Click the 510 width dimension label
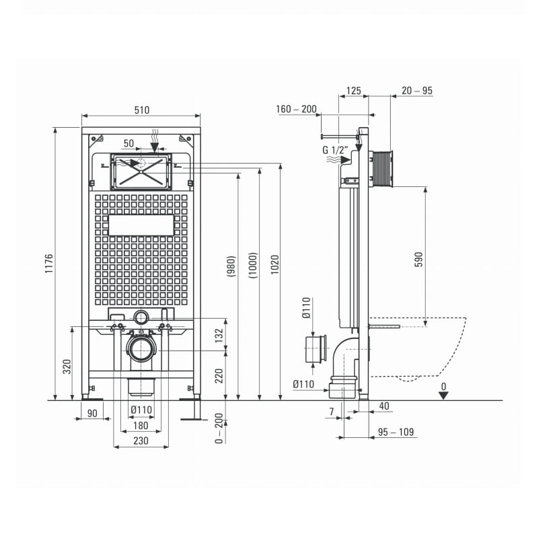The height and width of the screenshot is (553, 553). pos(141,110)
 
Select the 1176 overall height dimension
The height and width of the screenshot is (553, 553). pos(48,263)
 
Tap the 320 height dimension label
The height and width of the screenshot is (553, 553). pos(67,367)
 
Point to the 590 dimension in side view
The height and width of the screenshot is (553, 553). pos(418,259)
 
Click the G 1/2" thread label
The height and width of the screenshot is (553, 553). pos(335,149)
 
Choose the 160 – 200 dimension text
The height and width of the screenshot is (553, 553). pos(296,109)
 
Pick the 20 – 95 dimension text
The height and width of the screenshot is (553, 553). pos(417,91)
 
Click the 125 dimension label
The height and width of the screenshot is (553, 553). pos(353,91)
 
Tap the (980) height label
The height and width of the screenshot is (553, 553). pos(231,266)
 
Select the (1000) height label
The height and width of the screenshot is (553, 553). pos(253,265)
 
